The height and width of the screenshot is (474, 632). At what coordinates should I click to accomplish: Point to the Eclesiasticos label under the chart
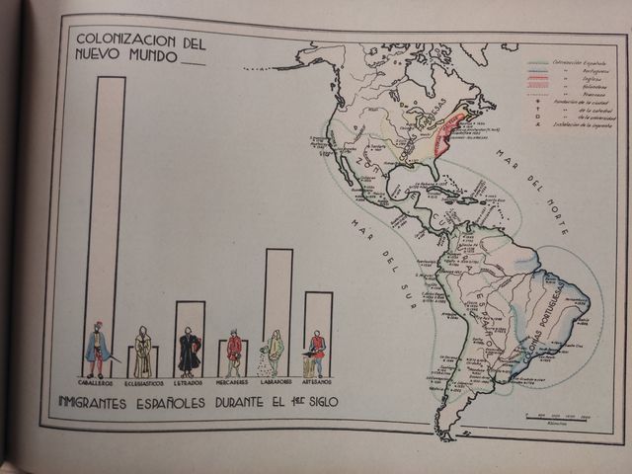tap(144, 381)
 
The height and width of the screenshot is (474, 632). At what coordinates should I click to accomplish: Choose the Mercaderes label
tap(233, 381)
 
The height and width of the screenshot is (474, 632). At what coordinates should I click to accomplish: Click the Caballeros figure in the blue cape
tap(97, 348)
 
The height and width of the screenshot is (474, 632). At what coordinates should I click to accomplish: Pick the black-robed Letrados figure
tap(189, 351)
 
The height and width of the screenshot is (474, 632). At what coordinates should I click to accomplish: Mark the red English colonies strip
tap(450, 133)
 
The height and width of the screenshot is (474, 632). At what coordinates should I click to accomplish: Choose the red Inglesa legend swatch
tap(538, 78)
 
